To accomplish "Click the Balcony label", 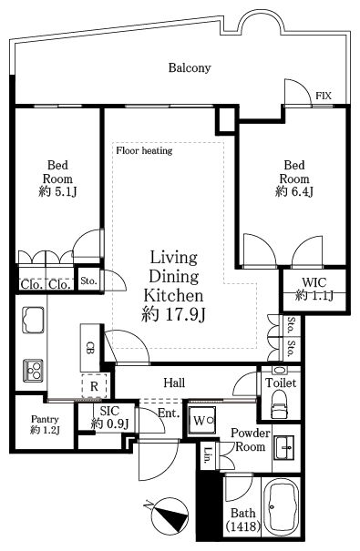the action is tap(190, 67).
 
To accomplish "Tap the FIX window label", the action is tap(324, 96).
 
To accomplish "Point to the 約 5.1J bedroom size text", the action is tap(57, 192).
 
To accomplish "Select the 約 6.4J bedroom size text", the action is tap(294, 192).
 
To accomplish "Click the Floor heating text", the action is tap(144, 151).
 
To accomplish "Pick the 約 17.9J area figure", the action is tap(173, 314).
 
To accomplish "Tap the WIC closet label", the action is tap(314, 282).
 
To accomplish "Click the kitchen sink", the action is tap(34, 320).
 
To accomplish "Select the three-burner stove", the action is tap(34, 371).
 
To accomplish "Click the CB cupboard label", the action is tap(90, 347).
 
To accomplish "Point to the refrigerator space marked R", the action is tap(94, 386).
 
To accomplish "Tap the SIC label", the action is tap(109, 411).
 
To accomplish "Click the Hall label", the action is tap(174, 383).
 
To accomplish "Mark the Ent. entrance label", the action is tap(169, 413).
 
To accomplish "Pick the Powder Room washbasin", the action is tap(285, 448).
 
